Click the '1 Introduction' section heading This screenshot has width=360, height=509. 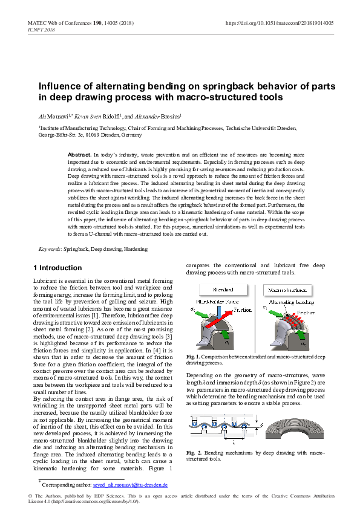57,268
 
